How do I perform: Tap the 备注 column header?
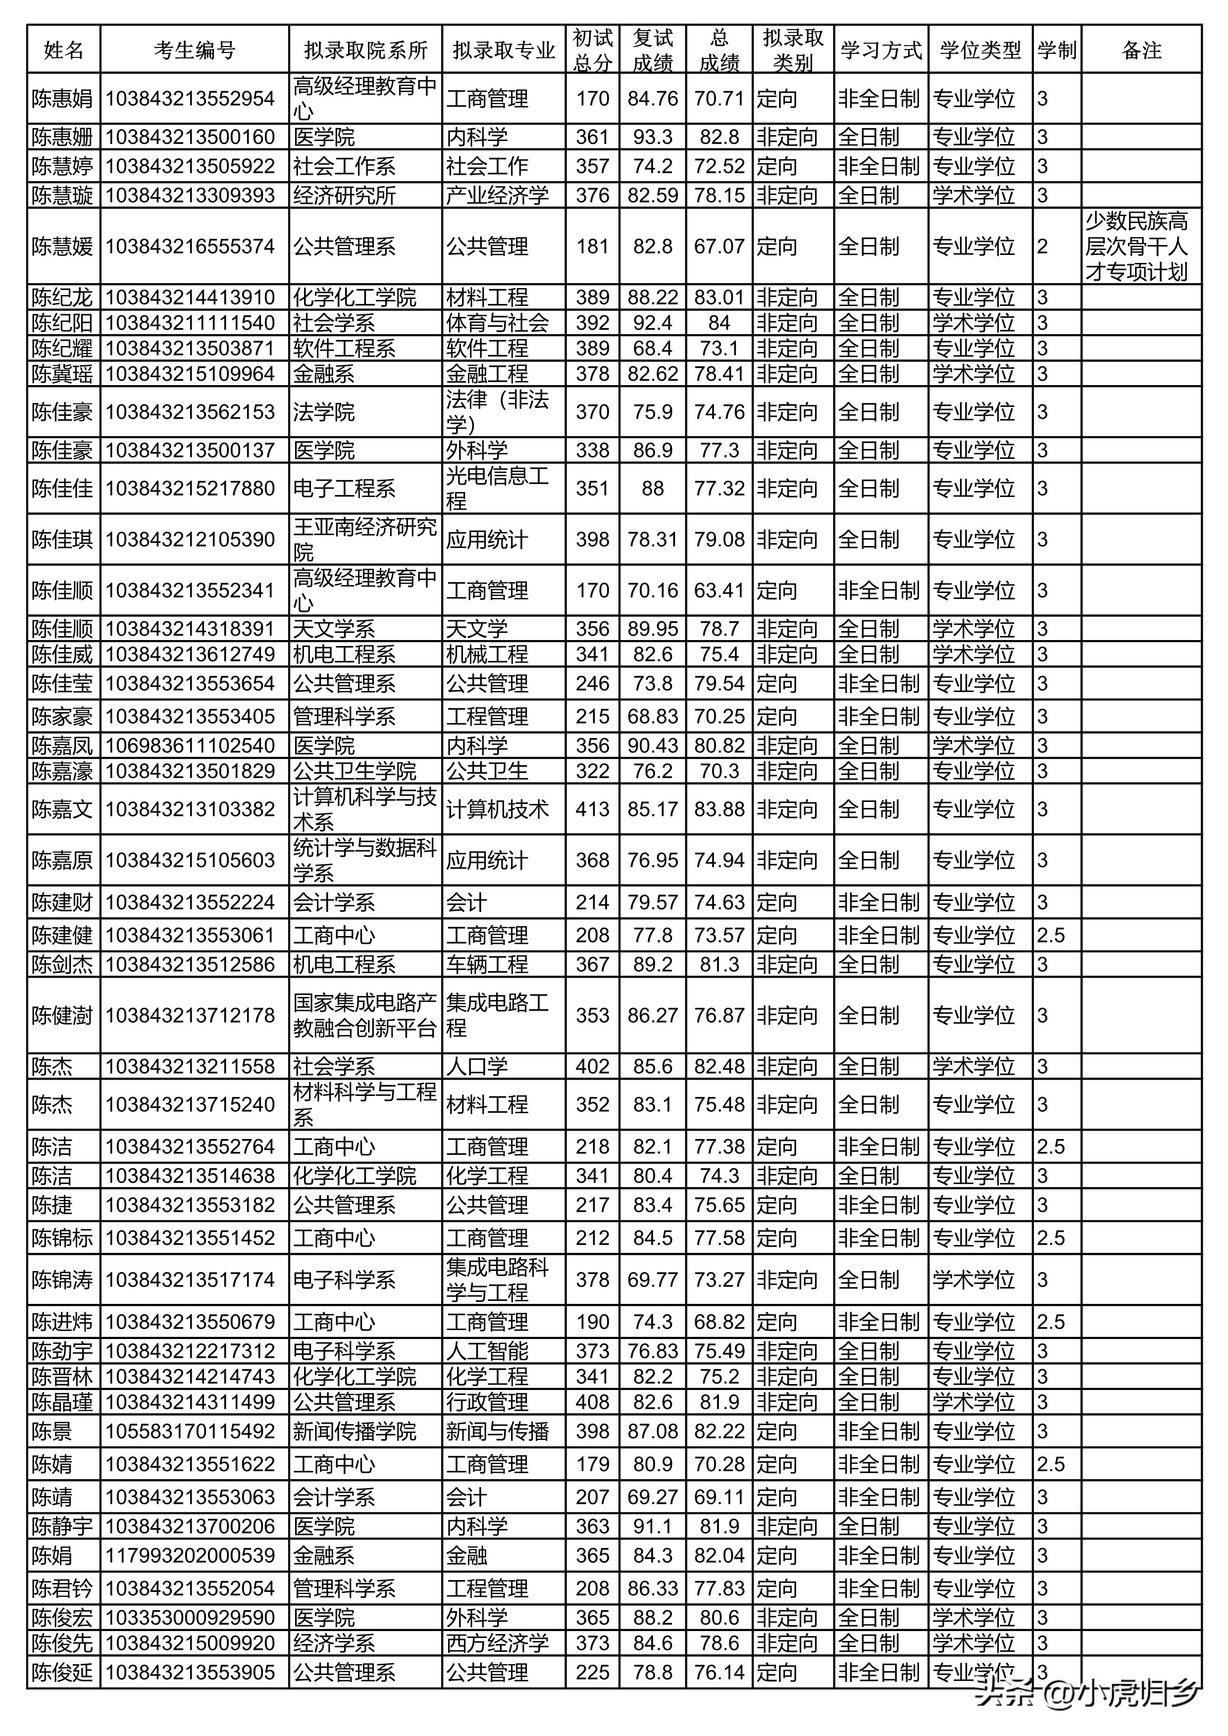coord(1140,50)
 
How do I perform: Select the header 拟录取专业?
coord(504,50)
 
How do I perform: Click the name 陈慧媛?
coord(63,247)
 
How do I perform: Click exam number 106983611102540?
coord(190,745)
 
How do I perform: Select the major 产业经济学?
coord(497,195)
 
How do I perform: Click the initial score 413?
coord(592,809)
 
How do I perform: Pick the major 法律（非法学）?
coord(497,411)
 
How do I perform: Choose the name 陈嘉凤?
coord(63,745)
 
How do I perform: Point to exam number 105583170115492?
coord(190,1431)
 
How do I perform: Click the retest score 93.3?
coord(653,137)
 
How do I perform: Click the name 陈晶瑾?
coord(63,1402)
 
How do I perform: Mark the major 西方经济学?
coord(497,1643)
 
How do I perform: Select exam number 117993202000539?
coord(190,1556)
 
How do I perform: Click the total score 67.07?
coord(719,247)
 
